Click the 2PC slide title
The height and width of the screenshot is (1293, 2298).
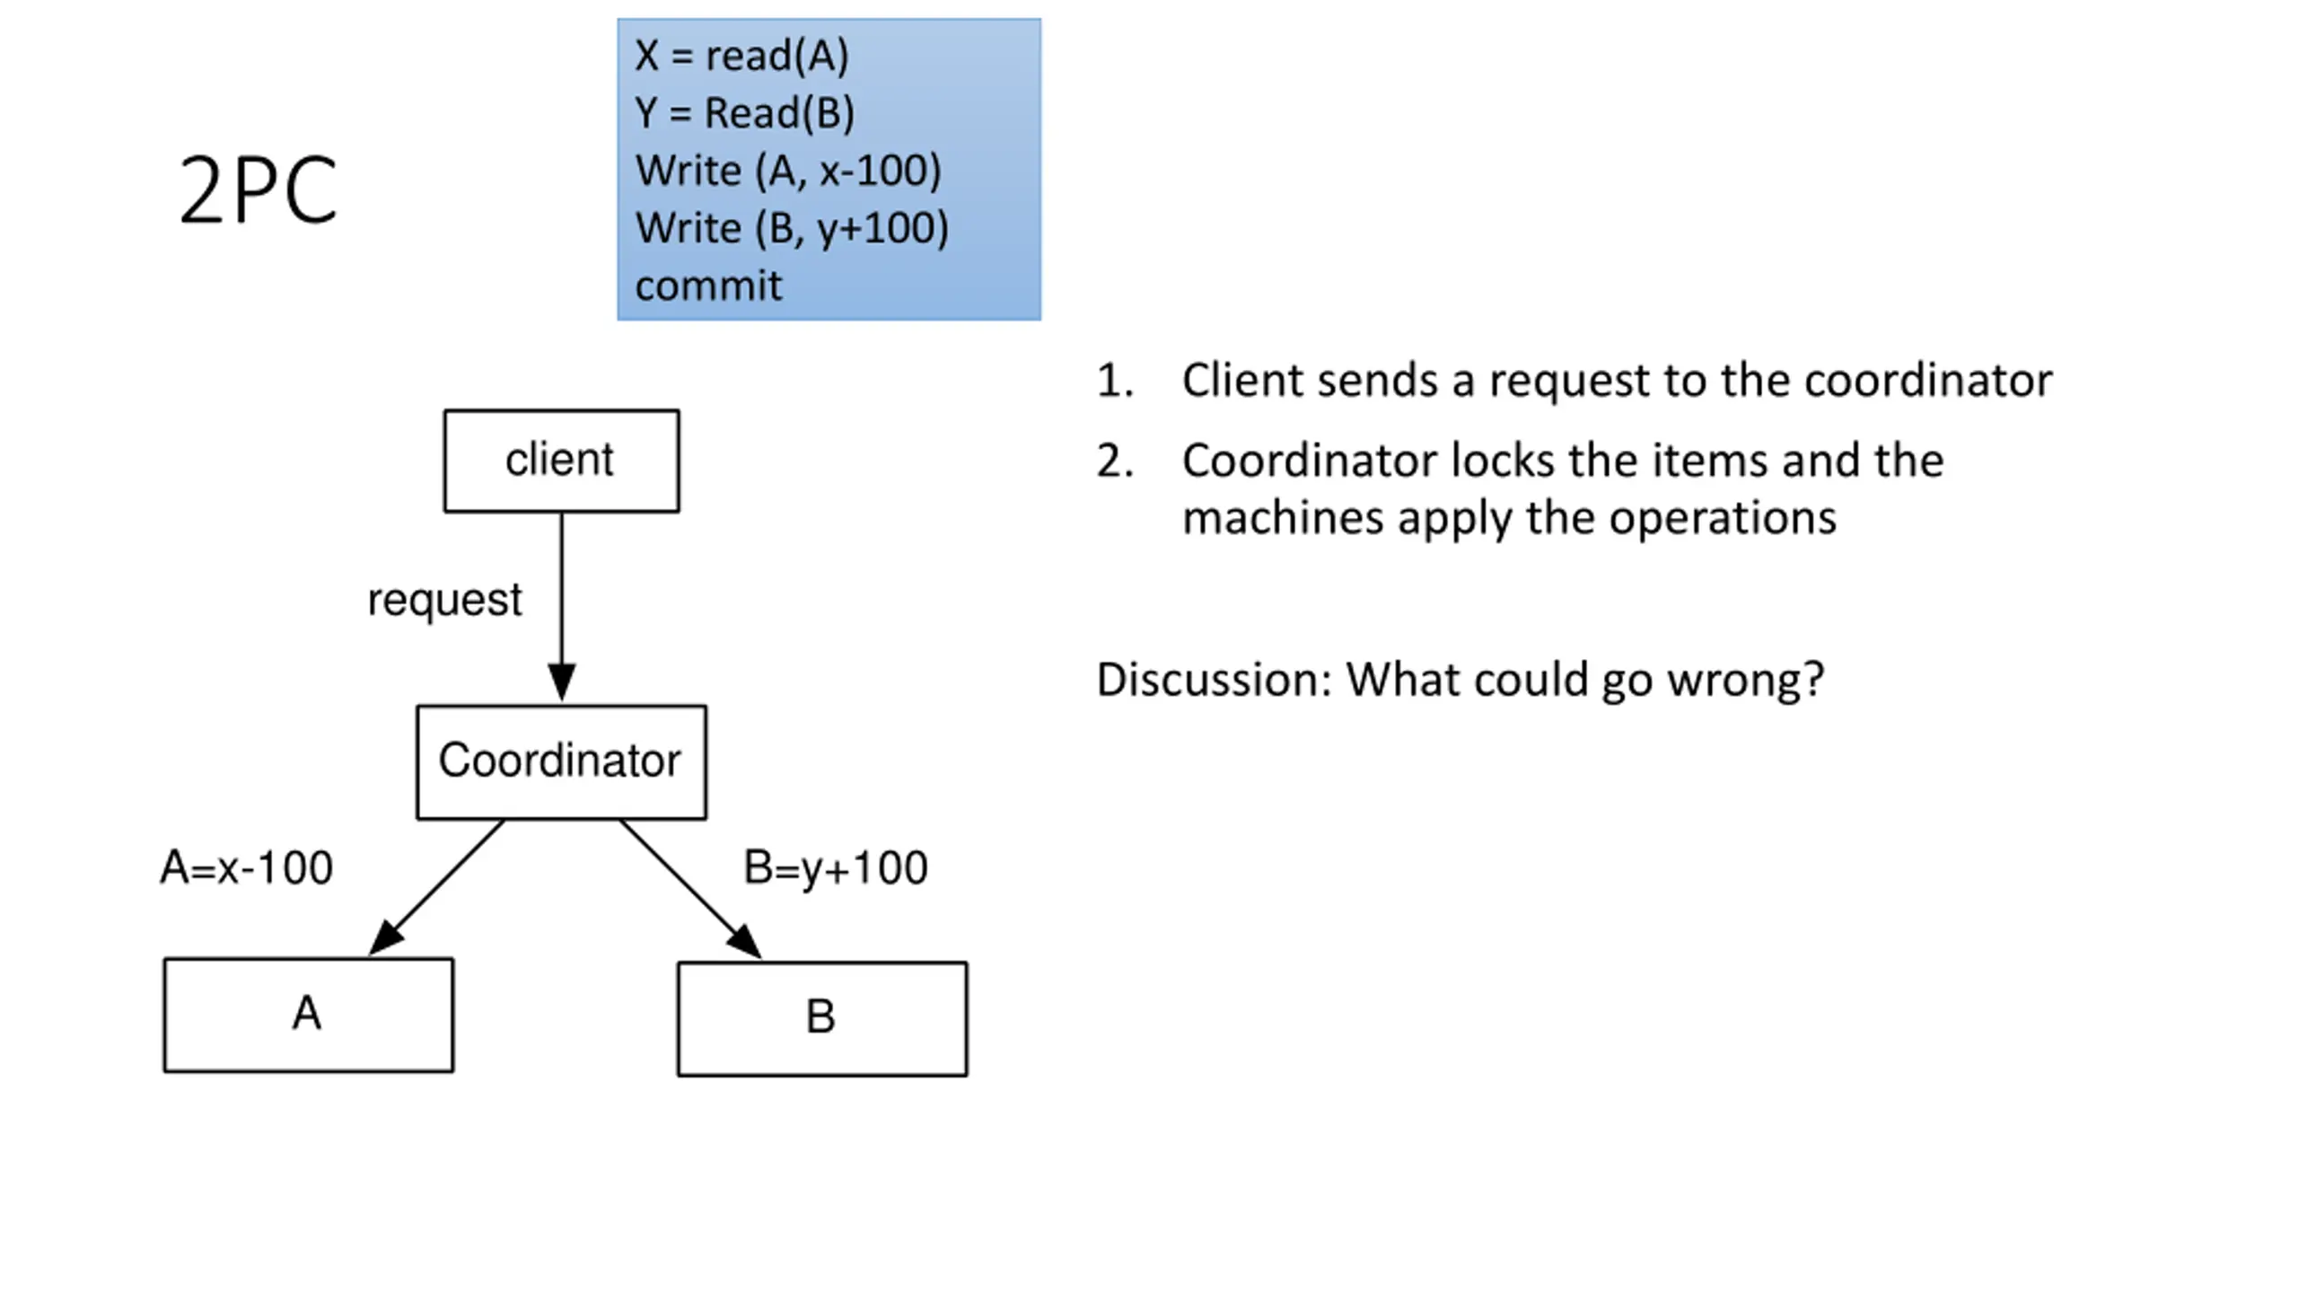[258, 189]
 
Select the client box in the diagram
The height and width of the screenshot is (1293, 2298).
[562, 462]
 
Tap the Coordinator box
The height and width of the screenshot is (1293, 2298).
[561, 762]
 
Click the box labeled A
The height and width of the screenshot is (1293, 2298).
[309, 1016]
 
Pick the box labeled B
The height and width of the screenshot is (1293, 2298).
[822, 1019]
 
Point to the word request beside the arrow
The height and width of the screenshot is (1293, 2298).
[444, 600]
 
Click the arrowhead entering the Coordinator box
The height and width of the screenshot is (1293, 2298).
[562, 682]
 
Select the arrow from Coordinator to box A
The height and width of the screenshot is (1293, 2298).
[436, 887]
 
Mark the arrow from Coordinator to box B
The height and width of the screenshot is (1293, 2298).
[690, 889]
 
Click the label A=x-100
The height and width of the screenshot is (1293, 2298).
[247, 868]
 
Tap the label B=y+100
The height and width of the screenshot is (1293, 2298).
[836, 868]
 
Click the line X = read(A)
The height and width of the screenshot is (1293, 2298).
[741, 56]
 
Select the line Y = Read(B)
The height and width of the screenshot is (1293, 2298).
[744, 113]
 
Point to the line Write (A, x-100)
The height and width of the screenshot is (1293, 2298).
[788, 171]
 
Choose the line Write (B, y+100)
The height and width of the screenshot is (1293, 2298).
[792, 228]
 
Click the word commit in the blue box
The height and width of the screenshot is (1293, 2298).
[708, 286]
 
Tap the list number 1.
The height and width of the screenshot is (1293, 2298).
[1115, 381]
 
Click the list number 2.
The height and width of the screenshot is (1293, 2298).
[1115, 461]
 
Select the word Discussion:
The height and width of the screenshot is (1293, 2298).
[1214, 680]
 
